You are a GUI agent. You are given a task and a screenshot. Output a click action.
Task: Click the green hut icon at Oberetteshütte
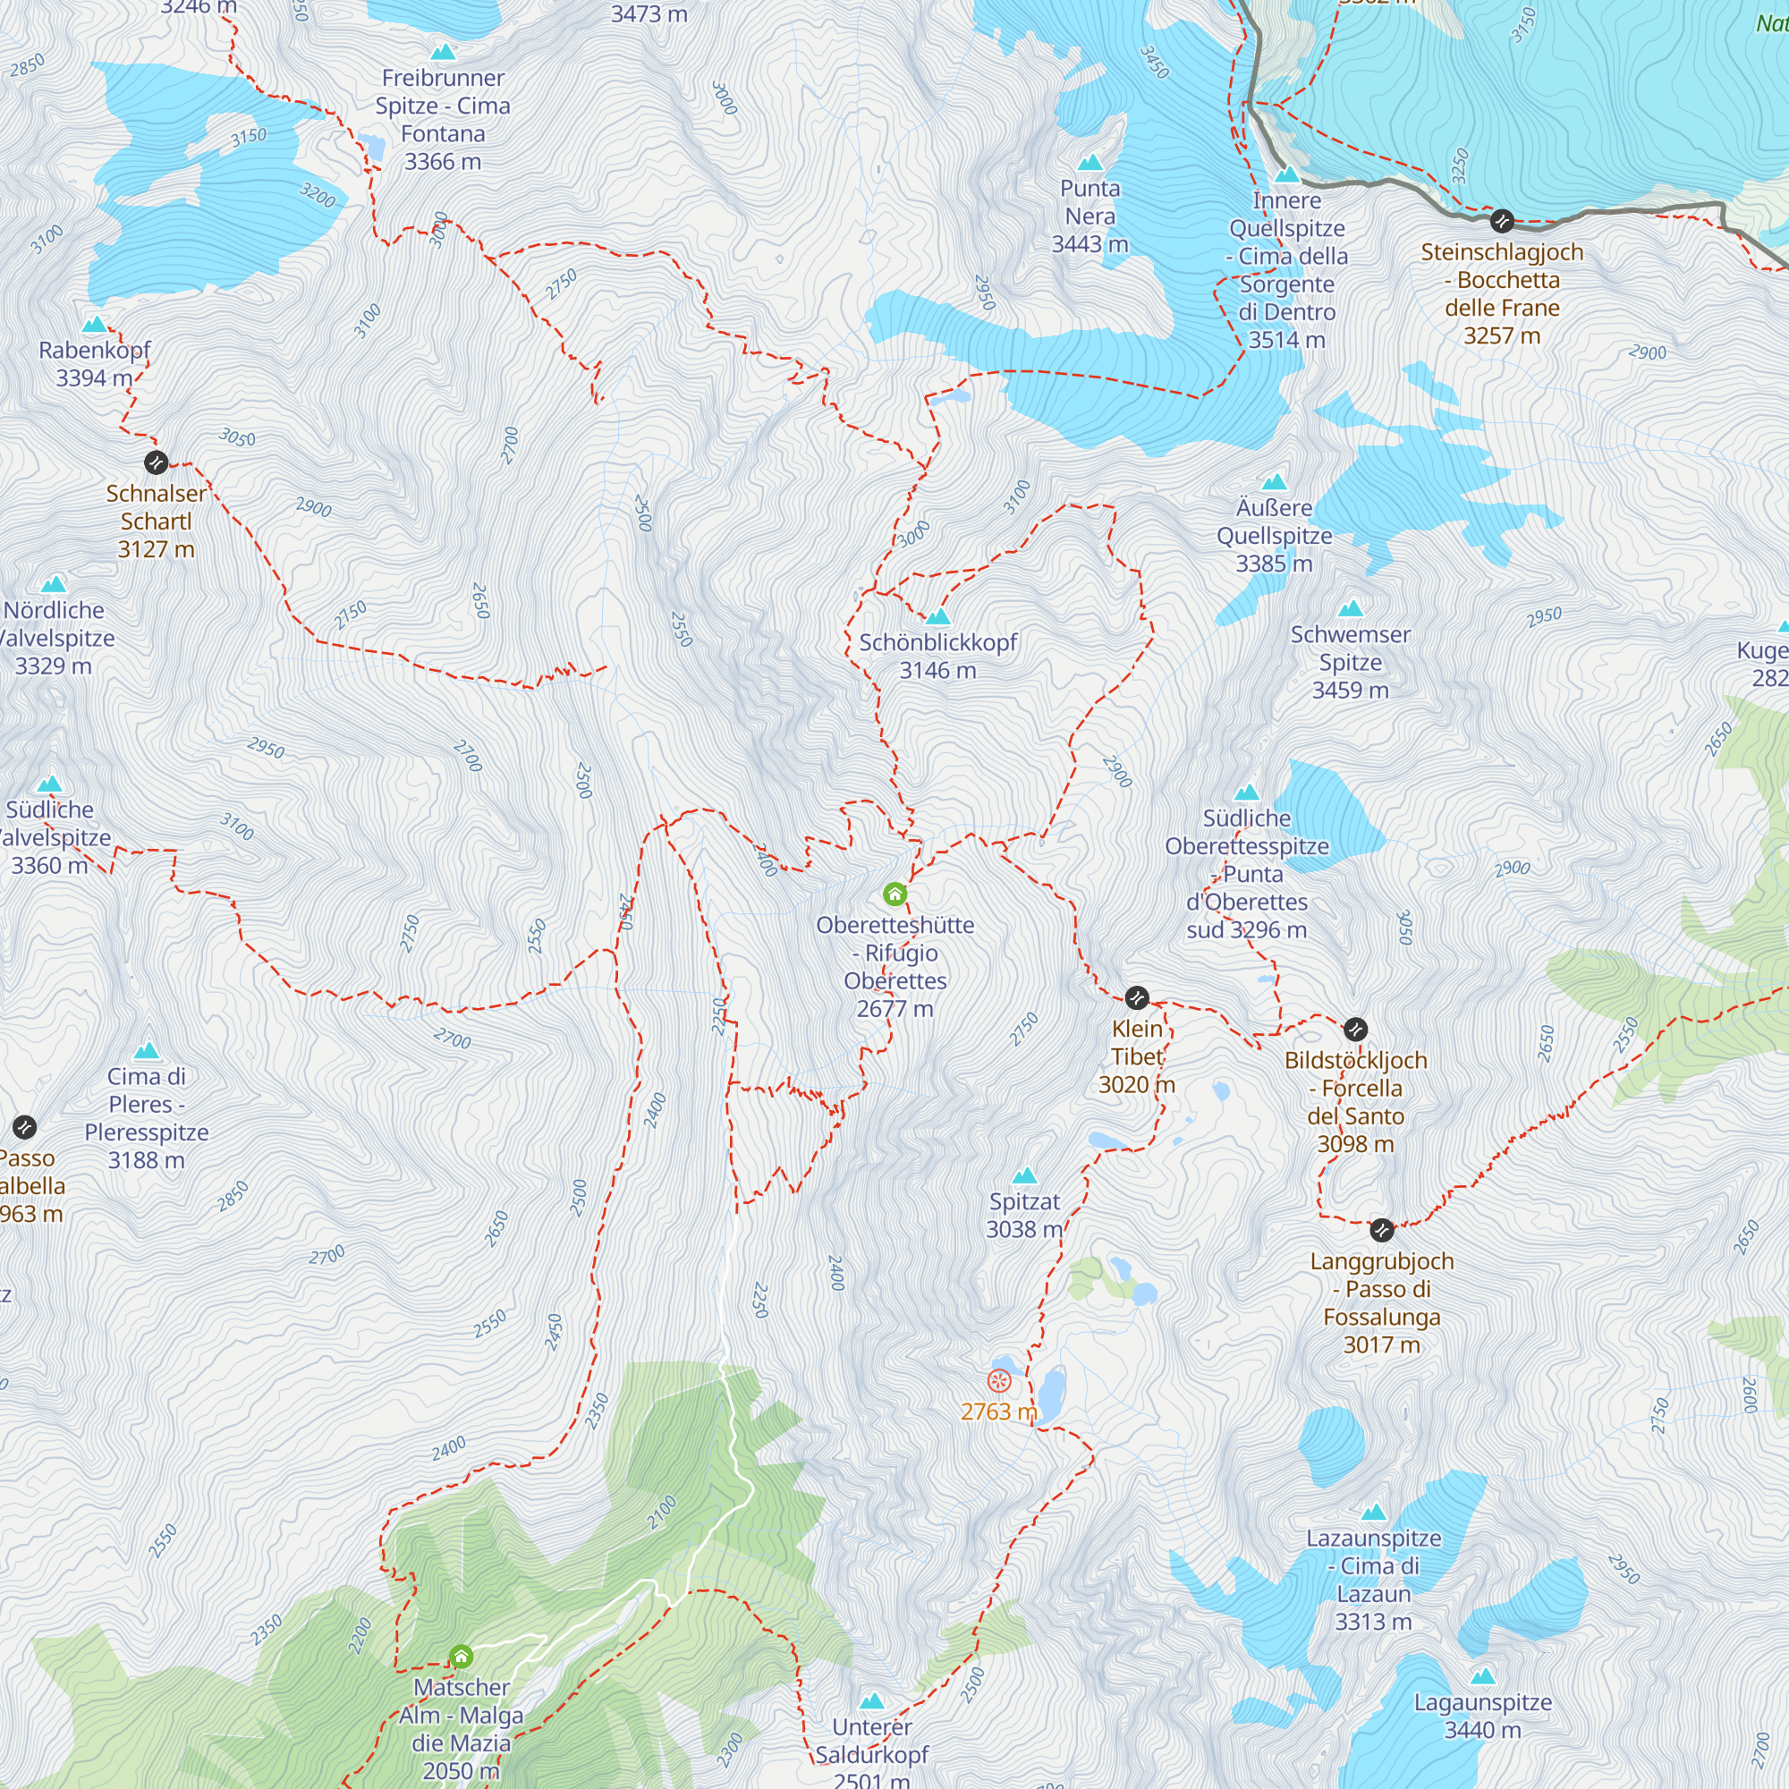pyautogui.click(x=894, y=894)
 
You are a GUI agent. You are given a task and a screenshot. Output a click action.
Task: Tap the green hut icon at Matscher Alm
pyautogui.click(x=462, y=1657)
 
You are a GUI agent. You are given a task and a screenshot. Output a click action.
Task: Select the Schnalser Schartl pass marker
pyautogui.click(x=157, y=462)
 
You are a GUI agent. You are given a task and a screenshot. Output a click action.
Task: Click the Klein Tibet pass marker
pyautogui.click(x=1136, y=998)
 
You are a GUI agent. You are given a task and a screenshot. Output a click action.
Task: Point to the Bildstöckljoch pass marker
pyautogui.click(x=1354, y=1030)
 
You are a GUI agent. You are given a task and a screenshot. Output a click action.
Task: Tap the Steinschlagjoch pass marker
pyautogui.click(x=1502, y=221)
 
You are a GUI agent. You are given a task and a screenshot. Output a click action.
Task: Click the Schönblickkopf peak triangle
pyautogui.click(x=938, y=616)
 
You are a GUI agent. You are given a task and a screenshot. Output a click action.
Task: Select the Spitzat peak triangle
pyautogui.click(x=1024, y=1176)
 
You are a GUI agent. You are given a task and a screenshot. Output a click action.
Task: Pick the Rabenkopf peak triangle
pyautogui.click(x=95, y=324)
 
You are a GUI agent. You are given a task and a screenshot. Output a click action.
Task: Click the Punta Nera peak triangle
pyautogui.click(x=1090, y=163)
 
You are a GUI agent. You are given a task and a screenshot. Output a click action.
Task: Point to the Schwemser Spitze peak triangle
pyautogui.click(x=1350, y=608)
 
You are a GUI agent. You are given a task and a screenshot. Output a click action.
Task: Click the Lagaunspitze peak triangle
pyautogui.click(x=1482, y=1677)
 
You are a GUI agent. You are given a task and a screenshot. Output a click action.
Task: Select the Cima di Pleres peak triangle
pyautogui.click(x=147, y=1051)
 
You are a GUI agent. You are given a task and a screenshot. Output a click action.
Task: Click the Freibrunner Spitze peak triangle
pyautogui.click(x=444, y=52)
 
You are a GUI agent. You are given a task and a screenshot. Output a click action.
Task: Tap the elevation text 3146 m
pyautogui.click(x=938, y=670)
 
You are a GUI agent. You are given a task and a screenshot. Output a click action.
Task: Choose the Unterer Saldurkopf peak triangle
pyautogui.click(x=872, y=1701)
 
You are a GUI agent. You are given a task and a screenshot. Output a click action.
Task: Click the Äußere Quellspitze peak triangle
pyautogui.click(x=1274, y=481)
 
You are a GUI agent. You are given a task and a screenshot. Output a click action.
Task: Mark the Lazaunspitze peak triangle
pyautogui.click(x=1373, y=1512)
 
